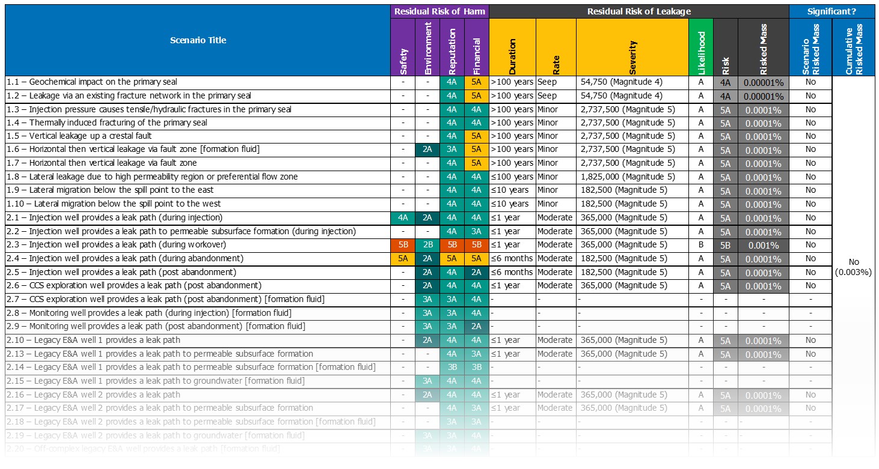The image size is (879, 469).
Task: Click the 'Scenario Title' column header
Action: (x=198, y=40)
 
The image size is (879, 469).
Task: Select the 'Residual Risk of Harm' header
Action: (x=440, y=11)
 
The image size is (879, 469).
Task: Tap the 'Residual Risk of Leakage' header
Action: (x=639, y=11)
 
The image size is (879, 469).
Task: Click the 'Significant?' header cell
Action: (x=832, y=11)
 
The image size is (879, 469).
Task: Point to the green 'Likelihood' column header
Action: (x=701, y=47)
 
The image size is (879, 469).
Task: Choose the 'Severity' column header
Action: (x=632, y=47)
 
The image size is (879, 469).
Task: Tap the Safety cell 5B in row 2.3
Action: (x=403, y=245)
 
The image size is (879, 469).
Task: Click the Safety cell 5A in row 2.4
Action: (x=403, y=259)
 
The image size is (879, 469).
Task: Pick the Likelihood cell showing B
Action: (x=700, y=245)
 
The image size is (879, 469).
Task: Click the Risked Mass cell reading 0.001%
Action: (x=764, y=245)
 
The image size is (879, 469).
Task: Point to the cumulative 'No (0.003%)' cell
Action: (x=853, y=267)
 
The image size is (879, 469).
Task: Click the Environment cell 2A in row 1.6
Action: (x=427, y=150)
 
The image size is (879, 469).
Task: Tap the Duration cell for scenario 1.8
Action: (x=512, y=177)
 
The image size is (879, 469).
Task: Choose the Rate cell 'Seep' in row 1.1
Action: (x=547, y=82)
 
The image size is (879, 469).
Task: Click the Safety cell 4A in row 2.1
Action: (x=403, y=218)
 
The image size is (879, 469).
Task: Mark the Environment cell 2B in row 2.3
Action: (x=427, y=245)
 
